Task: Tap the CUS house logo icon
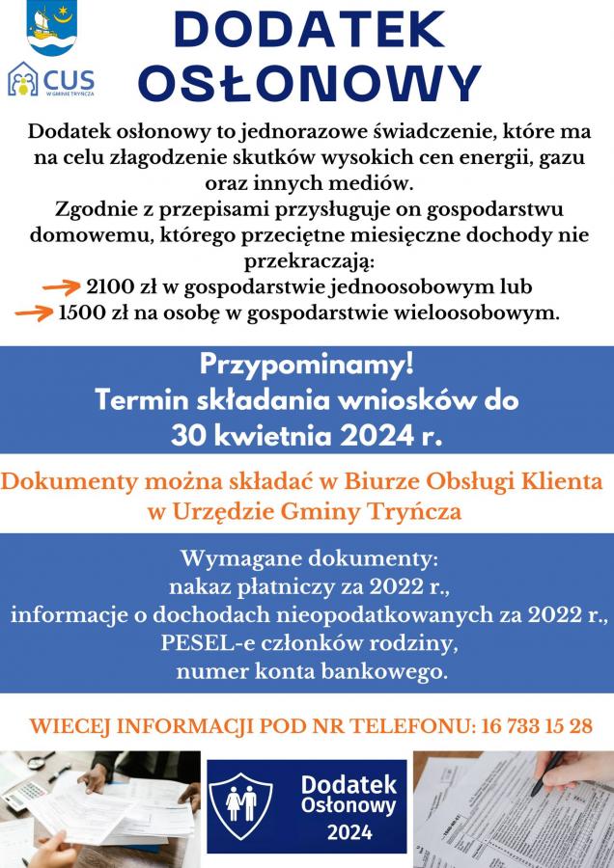coord(23,81)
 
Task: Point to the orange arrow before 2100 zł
coord(64,286)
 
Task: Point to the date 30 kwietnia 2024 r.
coord(306,434)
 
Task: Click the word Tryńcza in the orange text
coord(423,512)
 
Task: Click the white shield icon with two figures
coord(241,803)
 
